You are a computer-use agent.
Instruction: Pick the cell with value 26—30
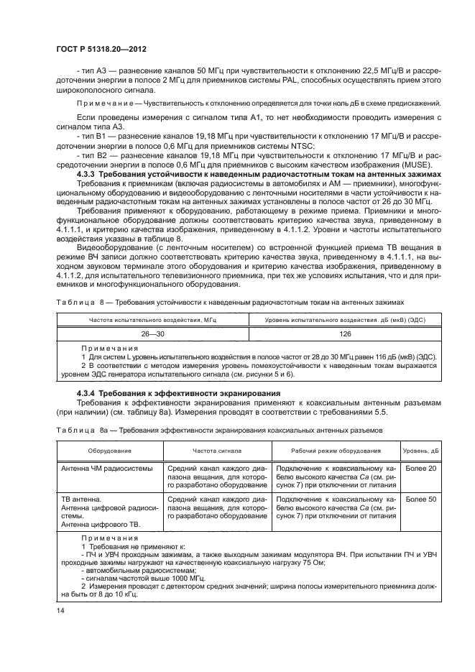pyautogui.click(x=152, y=334)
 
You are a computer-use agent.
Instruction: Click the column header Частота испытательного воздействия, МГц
pyautogui.click(x=152, y=319)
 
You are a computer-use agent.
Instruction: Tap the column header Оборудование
pyautogui.click(x=109, y=451)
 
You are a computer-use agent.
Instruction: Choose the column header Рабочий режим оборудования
pyautogui.click(x=335, y=451)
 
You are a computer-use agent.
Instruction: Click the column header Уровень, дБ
pyautogui.click(x=420, y=451)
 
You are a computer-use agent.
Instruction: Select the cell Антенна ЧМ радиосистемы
pyautogui.click(x=107, y=469)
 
